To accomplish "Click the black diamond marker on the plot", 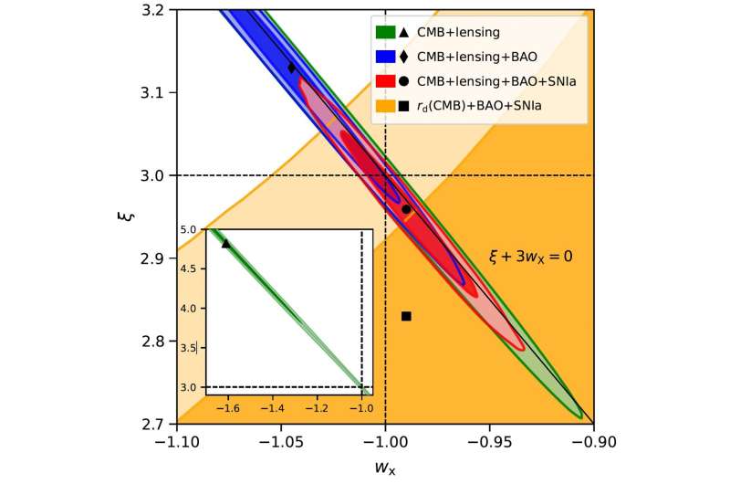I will tap(292, 67).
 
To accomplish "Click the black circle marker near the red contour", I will tap(406, 209).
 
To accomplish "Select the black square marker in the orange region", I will tap(406, 316).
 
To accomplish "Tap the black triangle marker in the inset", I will tap(226, 243).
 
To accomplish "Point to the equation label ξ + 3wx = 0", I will tap(530, 258).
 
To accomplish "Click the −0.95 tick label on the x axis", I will tap(489, 441).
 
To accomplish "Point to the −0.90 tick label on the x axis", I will tap(593, 441).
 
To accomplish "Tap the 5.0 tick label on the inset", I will tap(191, 229).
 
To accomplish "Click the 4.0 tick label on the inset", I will tap(191, 309).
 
